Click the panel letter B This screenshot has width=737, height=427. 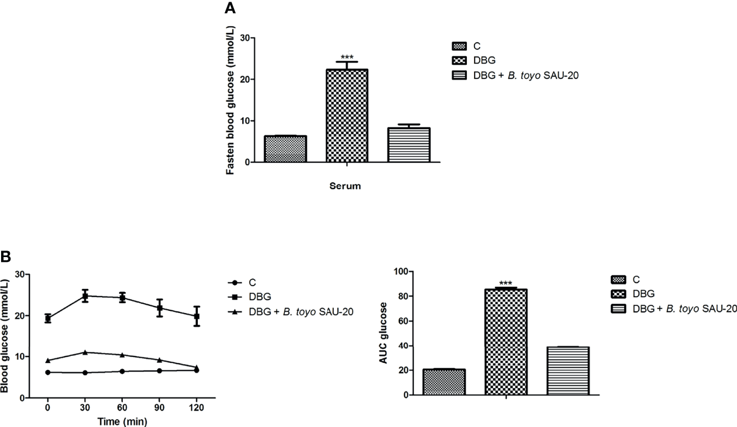point(5,257)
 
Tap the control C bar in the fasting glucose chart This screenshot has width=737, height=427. point(285,149)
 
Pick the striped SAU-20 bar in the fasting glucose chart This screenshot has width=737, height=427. point(409,145)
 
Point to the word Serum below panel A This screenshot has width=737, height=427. point(345,186)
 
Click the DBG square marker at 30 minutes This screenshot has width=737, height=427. point(85,296)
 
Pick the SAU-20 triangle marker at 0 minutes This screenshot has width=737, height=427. point(48,360)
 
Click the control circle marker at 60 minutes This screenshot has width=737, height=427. point(122,371)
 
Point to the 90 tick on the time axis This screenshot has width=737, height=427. point(159,408)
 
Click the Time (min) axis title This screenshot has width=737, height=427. point(122,421)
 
